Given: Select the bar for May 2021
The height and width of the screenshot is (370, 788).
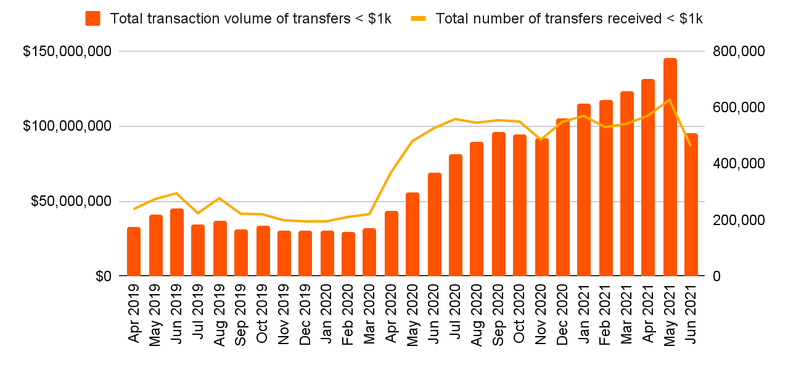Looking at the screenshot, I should [670, 167].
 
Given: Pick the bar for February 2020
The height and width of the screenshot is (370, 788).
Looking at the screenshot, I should [348, 254].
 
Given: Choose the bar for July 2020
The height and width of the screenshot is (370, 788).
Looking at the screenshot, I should [455, 215].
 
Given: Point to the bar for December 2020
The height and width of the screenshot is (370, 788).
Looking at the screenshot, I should [562, 197].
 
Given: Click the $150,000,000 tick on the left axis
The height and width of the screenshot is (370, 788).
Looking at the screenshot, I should [67, 51].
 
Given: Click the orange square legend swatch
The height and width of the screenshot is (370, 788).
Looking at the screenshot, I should [93, 18].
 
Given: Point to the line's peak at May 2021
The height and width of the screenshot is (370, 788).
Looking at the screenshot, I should [670, 100].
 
